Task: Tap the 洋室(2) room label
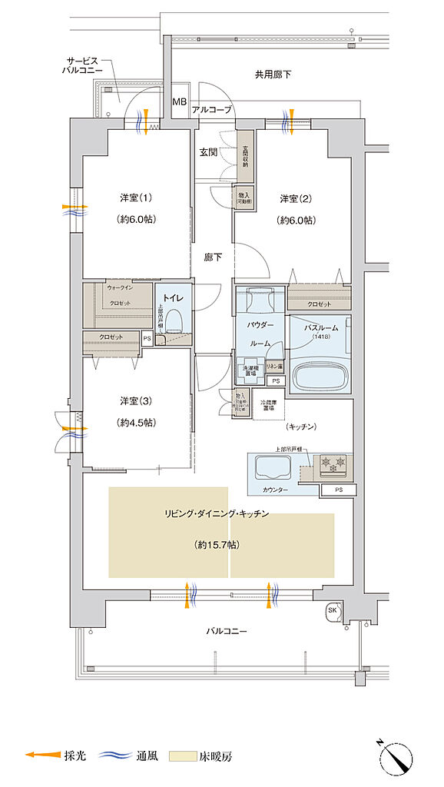pos(296,199)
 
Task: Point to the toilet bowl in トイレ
pos(174,320)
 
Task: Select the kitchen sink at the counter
pos(271,467)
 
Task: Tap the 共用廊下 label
pos(273,75)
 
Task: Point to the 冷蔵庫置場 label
pos(267,405)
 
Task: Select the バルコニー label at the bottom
pos(227,631)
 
